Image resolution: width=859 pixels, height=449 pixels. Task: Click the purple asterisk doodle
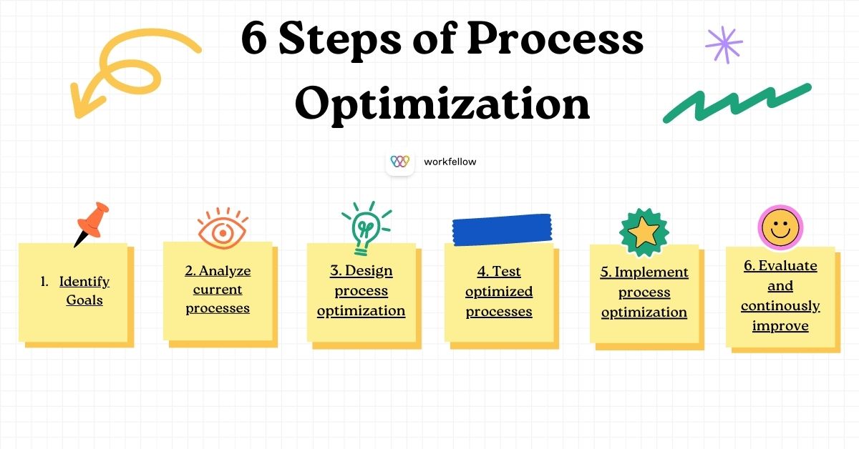[724, 46]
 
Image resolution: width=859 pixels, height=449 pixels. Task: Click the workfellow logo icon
[399, 162]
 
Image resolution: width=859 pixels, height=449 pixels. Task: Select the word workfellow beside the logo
[450, 162]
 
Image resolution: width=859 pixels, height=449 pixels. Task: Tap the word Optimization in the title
[442, 104]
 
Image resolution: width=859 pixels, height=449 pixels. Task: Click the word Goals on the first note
[84, 300]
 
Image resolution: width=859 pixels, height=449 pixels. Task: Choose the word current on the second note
[218, 290]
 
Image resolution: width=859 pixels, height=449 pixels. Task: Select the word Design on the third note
[369, 271]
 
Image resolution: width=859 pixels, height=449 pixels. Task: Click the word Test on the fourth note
[507, 272]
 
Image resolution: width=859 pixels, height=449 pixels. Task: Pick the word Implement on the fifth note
[651, 272]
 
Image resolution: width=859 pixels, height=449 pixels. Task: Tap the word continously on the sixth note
[780, 306]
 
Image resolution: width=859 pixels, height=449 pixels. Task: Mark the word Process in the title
[555, 40]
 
